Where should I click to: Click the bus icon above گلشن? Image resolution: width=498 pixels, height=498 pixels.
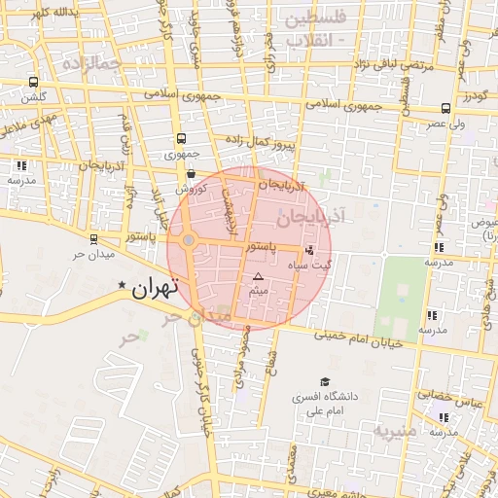click(x=34, y=83)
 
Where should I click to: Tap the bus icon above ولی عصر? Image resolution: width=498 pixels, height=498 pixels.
click(x=445, y=108)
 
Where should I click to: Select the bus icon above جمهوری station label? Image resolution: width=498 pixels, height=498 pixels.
click(x=181, y=139)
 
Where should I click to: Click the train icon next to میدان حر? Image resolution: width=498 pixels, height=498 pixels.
click(x=93, y=238)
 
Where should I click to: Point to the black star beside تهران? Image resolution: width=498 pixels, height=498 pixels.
click(x=122, y=285)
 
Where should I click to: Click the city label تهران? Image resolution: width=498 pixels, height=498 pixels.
click(x=154, y=287)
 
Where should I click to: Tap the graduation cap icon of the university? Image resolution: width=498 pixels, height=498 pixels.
click(x=325, y=382)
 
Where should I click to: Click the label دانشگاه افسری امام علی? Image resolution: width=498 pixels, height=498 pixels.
click(x=327, y=404)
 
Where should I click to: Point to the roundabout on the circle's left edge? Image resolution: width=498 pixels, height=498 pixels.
click(x=189, y=240)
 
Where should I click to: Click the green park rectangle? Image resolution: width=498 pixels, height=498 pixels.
click(x=401, y=299)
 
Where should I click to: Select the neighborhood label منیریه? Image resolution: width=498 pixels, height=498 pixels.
click(x=396, y=429)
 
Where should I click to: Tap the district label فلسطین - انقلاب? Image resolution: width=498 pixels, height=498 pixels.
click(x=312, y=29)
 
